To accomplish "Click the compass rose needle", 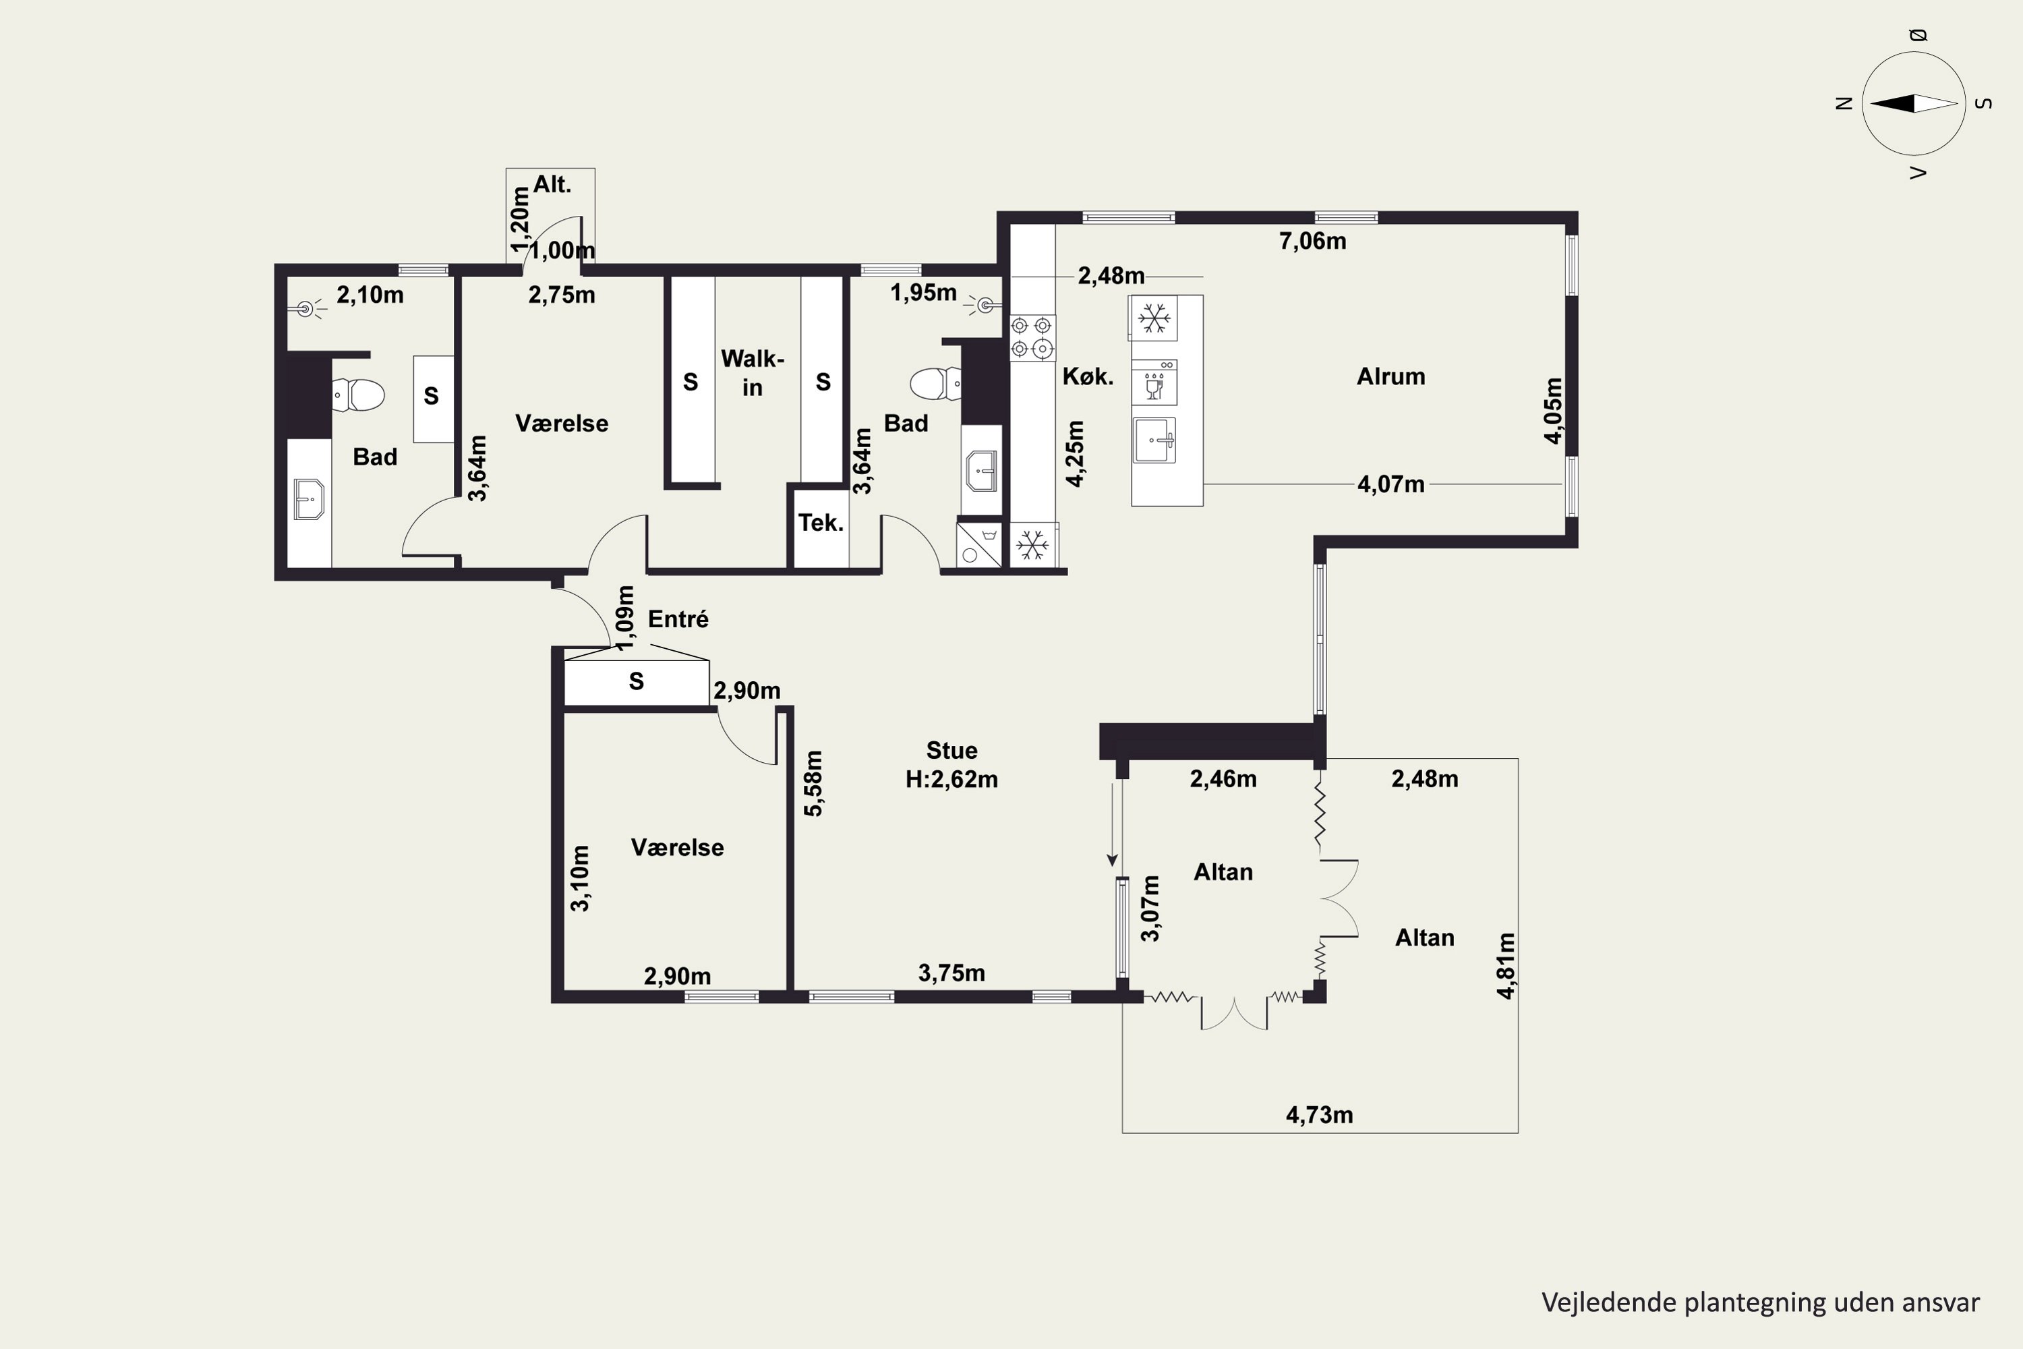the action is [x=1914, y=103].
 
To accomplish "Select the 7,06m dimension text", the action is [x=1312, y=241].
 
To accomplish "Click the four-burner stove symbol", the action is [x=1031, y=337].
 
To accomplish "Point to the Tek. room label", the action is [x=821, y=522].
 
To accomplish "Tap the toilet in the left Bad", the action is [x=358, y=395].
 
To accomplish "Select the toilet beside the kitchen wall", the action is [x=936, y=384].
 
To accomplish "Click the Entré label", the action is [x=678, y=619].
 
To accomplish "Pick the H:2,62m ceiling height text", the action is [x=951, y=780].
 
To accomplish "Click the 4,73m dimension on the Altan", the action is [x=1320, y=1116].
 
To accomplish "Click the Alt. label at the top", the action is [x=552, y=185].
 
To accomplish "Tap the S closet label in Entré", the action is [x=637, y=681].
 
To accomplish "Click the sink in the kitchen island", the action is [x=1154, y=440].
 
